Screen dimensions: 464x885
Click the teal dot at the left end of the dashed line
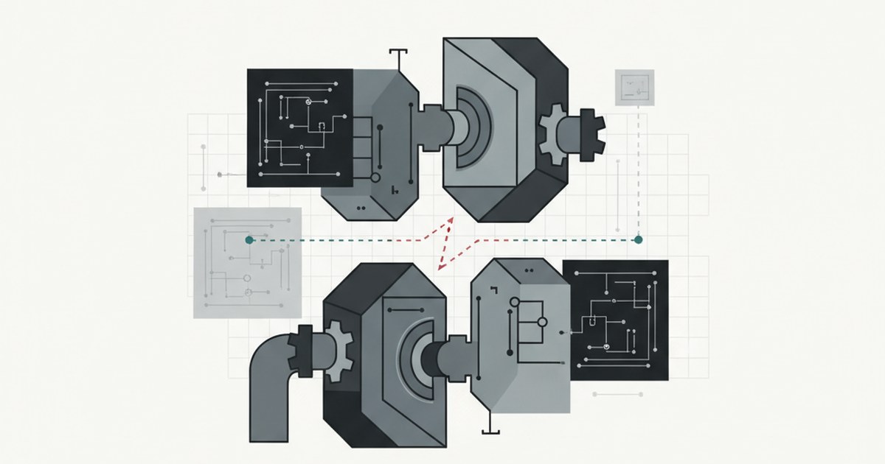(249, 239)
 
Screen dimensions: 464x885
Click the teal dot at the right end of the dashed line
(638, 239)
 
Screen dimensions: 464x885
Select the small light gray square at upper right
(634, 88)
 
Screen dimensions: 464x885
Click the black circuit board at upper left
(299, 127)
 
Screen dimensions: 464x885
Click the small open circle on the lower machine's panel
(543, 322)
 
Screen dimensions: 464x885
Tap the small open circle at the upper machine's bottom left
(375, 177)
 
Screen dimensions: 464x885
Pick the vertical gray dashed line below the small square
(639, 177)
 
